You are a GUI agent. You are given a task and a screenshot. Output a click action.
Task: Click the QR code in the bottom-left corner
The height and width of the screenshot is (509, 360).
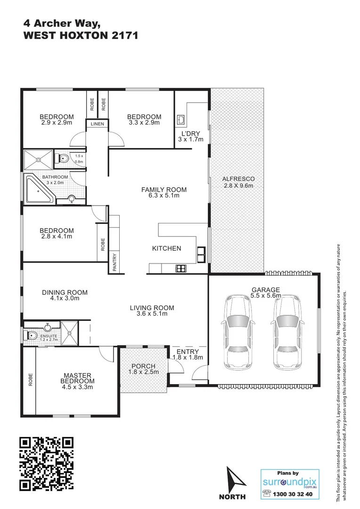point(47,464)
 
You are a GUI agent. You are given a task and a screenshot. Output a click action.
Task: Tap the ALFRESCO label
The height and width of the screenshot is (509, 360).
point(238,179)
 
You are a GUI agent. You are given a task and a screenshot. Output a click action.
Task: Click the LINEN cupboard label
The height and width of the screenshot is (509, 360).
point(98,124)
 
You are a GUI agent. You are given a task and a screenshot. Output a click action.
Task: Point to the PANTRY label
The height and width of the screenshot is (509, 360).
point(115,263)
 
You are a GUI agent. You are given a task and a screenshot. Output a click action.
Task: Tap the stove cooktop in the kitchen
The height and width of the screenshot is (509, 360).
point(180,269)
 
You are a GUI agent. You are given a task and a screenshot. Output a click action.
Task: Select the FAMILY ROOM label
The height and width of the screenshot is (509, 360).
point(164,189)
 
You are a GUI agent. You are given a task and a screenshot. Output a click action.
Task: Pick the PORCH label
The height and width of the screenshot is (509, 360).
point(143,366)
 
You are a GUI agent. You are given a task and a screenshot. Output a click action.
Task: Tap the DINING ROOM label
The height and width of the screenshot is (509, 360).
point(65,292)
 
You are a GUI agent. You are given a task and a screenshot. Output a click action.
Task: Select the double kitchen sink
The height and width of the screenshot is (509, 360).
point(202,254)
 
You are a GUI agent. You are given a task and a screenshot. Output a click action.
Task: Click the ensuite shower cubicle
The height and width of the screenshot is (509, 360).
point(69,333)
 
